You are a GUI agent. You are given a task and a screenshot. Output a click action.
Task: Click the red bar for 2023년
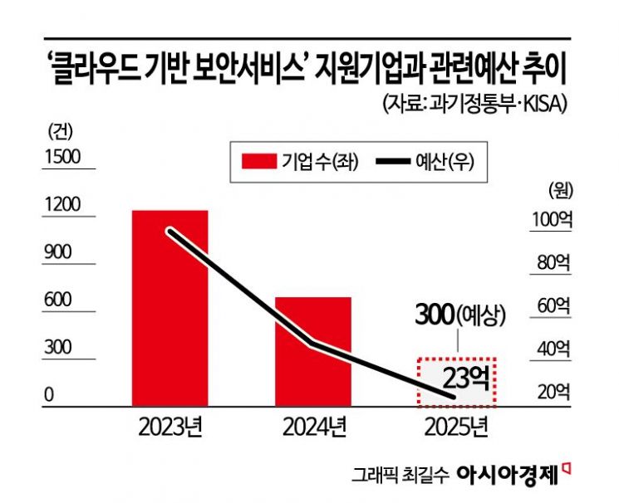click(x=170, y=308)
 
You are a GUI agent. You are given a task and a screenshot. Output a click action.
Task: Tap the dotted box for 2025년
click(x=455, y=382)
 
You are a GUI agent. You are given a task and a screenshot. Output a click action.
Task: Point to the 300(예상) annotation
click(x=459, y=315)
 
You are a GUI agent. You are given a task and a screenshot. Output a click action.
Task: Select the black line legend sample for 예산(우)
click(x=389, y=161)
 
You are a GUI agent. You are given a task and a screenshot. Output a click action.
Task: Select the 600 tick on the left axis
click(x=58, y=300)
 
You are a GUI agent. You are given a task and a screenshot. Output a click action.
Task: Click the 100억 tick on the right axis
click(x=549, y=221)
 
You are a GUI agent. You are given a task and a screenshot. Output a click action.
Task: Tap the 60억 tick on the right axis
click(x=553, y=305)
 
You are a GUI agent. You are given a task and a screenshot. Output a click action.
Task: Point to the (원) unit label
click(x=561, y=188)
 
